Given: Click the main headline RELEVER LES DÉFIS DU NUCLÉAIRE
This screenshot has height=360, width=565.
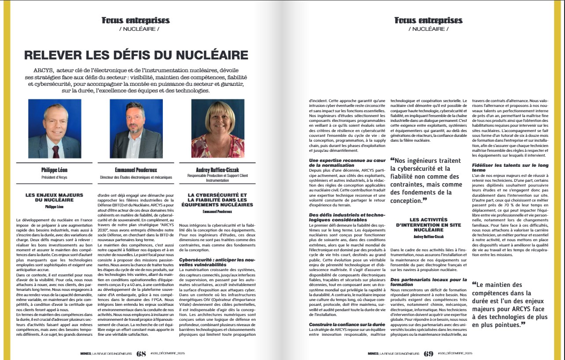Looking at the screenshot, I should pyautogui.click(x=136, y=55).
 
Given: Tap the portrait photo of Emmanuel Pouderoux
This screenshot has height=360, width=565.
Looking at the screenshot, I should pyautogui.click(x=136, y=129).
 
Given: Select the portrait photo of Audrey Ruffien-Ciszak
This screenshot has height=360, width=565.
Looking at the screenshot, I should pyautogui.click(x=217, y=129).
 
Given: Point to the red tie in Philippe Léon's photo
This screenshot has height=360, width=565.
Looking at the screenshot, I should pyautogui.click(x=55, y=151).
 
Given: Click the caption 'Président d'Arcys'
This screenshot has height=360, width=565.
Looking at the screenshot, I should pyautogui.click(x=55, y=177).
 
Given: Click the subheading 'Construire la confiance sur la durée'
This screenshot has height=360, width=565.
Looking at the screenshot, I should pyautogui.click(x=341, y=324).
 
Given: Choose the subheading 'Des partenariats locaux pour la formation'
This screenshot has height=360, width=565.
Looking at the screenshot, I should pyautogui.click(x=428, y=282).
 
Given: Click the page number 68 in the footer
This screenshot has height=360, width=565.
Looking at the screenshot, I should pyautogui.click(x=141, y=353).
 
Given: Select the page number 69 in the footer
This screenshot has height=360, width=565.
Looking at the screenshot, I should pyautogui.click(x=429, y=353).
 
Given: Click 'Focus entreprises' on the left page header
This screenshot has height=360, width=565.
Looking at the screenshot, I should pyautogui.click(x=136, y=20).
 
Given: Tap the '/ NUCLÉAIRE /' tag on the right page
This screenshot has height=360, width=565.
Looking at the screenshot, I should pyautogui.click(x=428, y=29).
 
